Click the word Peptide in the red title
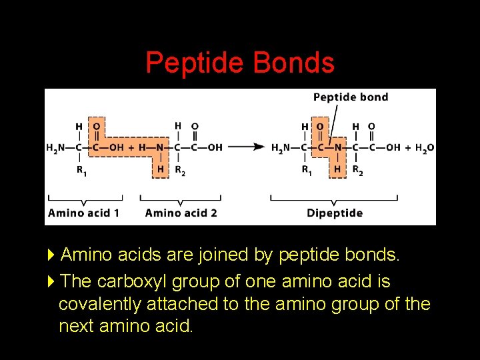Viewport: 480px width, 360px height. [x=194, y=63]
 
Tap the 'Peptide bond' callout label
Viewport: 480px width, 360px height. [x=350, y=97]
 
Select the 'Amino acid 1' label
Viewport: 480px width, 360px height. [x=83, y=213]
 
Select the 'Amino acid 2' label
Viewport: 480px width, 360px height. [x=181, y=213]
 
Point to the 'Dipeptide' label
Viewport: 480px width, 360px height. [x=335, y=213]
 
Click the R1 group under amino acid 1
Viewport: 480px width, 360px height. [x=81, y=170]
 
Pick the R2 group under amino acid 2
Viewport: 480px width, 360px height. [x=179, y=170]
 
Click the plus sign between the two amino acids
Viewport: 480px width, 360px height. [x=131, y=147]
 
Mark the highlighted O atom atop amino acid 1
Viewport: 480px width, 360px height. [x=97, y=126]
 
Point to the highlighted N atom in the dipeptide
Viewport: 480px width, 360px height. [x=338, y=147]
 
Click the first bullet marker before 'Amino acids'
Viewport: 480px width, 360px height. [x=53, y=255]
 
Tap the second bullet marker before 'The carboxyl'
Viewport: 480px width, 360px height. [x=53, y=281]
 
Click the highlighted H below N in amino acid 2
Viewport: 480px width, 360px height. [x=160, y=169]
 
